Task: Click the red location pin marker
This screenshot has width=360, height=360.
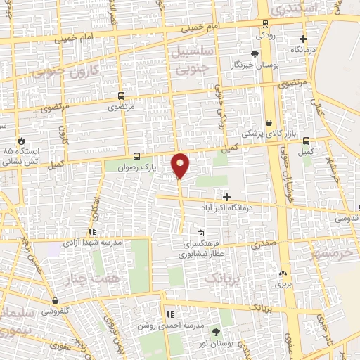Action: point(180,165)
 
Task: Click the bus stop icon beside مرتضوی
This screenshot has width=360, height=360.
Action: point(122,96)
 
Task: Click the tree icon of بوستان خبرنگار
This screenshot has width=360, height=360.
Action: point(255,53)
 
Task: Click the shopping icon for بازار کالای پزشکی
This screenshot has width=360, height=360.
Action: point(269,122)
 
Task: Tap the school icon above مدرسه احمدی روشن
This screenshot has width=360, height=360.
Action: point(169,314)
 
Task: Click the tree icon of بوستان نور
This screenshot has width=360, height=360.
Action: point(215,331)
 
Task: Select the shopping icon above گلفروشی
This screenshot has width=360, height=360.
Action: point(54,300)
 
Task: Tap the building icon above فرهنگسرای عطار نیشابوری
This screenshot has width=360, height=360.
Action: point(201,233)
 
